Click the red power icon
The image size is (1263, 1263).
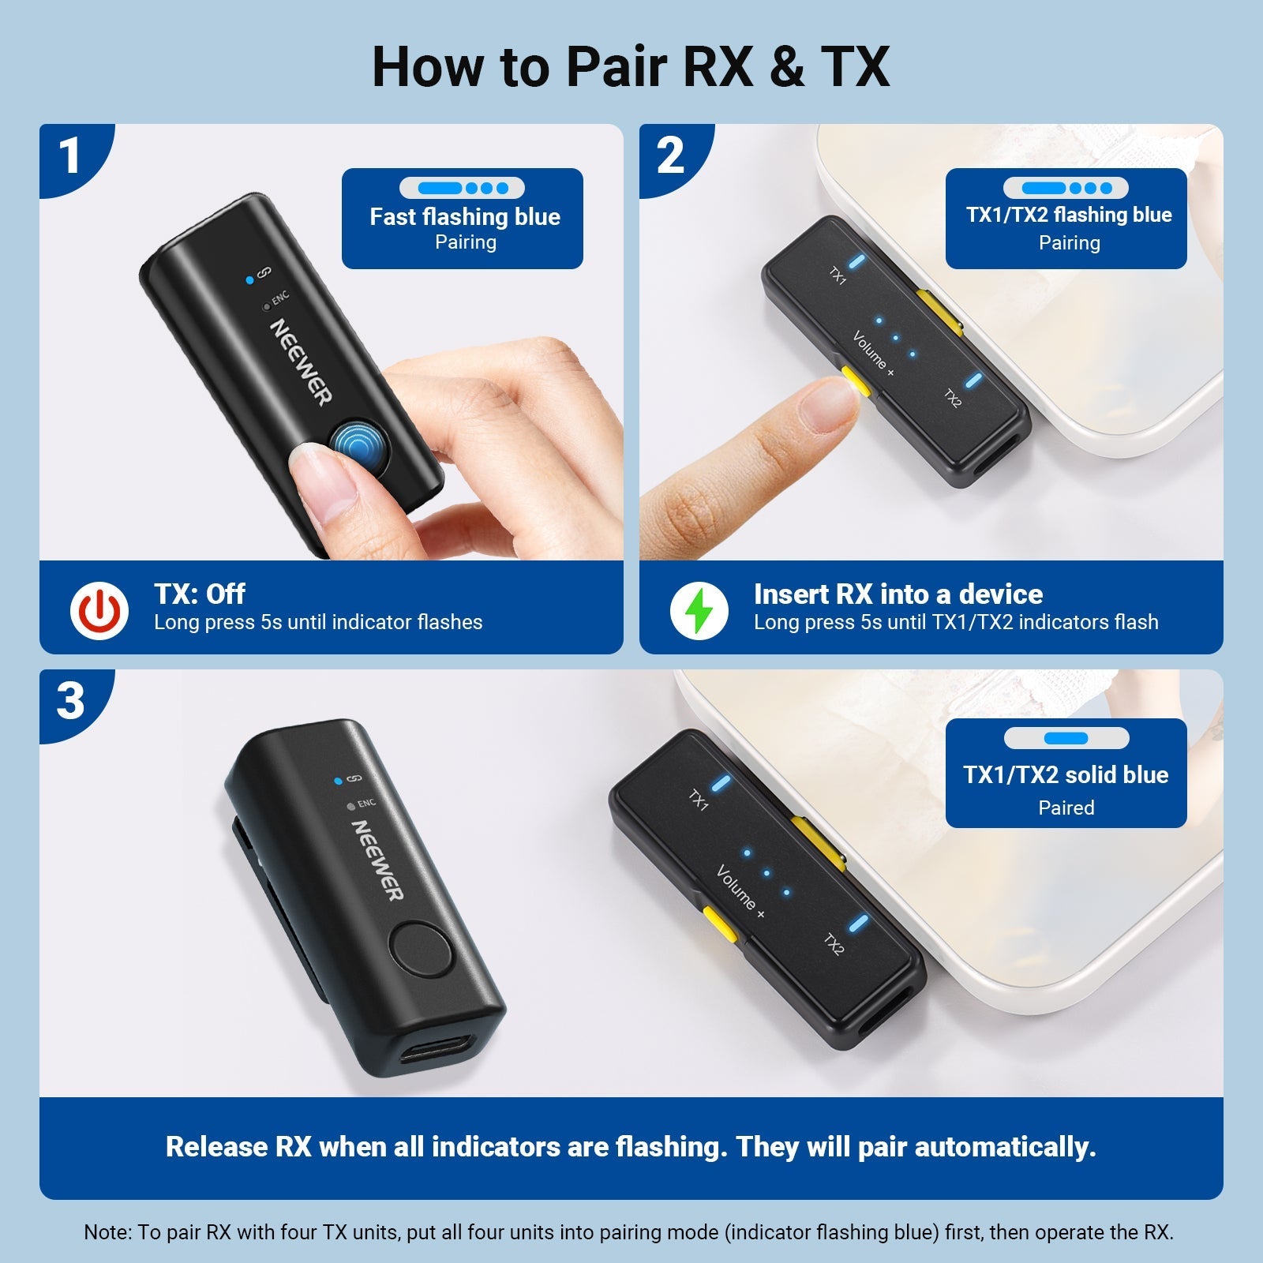[99, 610]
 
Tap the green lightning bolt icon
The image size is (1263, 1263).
[699, 610]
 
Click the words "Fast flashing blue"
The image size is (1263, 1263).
[465, 216]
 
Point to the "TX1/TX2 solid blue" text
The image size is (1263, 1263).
[1066, 774]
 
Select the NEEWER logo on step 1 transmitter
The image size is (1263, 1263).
[301, 362]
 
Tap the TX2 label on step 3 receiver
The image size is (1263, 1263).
[834, 944]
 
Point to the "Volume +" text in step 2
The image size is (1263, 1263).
[873, 354]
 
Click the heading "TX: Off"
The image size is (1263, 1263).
[200, 594]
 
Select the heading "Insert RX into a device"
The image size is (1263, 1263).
[898, 594]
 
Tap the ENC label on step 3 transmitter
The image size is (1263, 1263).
[366, 804]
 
